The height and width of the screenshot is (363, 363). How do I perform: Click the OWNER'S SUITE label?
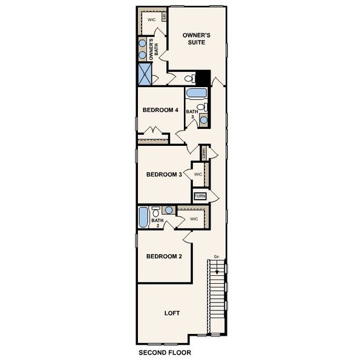(197, 39)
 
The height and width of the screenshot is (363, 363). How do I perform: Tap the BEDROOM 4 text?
(160, 110)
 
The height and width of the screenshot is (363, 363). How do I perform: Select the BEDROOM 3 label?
(164, 174)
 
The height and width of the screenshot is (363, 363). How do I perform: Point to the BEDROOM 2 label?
(164, 256)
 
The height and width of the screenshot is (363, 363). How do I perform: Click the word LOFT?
(172, 313)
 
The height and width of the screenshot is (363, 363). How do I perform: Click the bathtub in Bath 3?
(195, 94)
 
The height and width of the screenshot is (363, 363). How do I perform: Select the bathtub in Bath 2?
(143, 218)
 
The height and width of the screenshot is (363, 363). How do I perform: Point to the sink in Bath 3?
(203, 119)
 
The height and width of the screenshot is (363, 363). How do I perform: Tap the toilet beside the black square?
(189, 79)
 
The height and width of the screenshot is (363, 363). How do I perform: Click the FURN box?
(200, 196)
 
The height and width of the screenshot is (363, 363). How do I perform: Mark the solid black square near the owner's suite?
(203, 78)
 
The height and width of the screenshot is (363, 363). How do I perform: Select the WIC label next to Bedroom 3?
(198, 174)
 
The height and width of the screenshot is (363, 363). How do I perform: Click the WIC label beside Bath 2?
(194, 218)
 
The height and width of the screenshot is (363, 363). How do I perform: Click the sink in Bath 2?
(169, 210)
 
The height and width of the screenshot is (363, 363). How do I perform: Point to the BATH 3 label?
(191, 114)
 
